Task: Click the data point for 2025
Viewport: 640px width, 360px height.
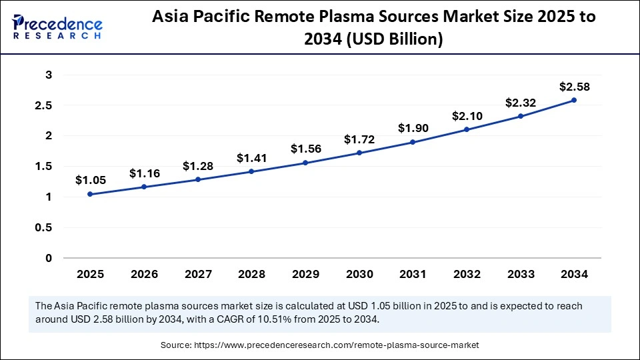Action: click(x=90, y=194)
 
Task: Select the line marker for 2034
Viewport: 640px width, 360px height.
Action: click(x=574, y=100)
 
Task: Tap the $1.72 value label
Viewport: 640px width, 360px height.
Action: click(x=359, y=139)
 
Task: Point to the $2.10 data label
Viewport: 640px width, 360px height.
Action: click(x=467, y=116)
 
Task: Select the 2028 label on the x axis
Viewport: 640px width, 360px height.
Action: click(x=251, y=274)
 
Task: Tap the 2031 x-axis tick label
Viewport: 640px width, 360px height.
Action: click(x=413, y=274)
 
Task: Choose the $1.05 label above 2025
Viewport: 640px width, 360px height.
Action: click(x=90, y=180)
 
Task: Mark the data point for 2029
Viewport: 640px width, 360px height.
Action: click(x=305, y=163)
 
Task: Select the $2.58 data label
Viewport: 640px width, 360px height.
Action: click(x=574, y=87)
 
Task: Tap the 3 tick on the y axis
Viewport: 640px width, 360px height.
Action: click(x=49, y=75)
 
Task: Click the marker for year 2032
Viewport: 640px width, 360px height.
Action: click(x=467, y=129)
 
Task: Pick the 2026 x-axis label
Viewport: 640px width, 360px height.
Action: click(x=144, y=274)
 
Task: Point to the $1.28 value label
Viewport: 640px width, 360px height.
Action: click(x=197, y=166)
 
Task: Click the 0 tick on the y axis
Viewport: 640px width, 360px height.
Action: click(x=49, y=258)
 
